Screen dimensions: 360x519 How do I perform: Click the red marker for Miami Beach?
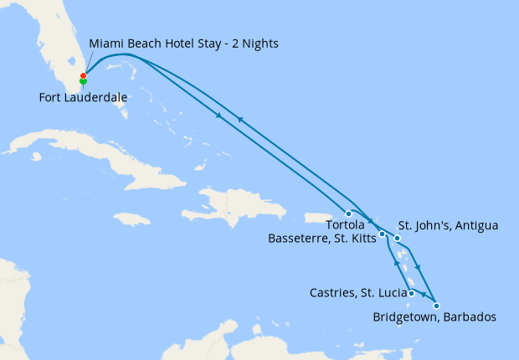(83, 76)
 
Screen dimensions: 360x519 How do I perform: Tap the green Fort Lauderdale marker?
(83, 82)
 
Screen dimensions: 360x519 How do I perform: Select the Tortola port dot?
(348, 213)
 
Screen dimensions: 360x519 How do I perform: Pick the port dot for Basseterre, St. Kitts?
(382, 234)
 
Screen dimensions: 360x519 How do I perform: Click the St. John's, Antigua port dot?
(398, 239)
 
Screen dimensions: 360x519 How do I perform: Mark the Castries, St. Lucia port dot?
(412, 293)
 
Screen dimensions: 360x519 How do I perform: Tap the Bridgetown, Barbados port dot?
(436, 306)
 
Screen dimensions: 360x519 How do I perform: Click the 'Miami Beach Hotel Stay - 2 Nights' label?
(183, 43)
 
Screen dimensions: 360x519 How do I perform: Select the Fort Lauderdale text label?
(83, 98)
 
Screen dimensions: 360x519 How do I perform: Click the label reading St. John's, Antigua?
(448, 225)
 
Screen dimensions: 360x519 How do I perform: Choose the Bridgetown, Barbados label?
(434, 317)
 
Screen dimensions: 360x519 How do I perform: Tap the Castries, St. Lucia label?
(357, 293)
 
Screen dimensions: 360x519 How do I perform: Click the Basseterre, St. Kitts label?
(321, 239)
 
